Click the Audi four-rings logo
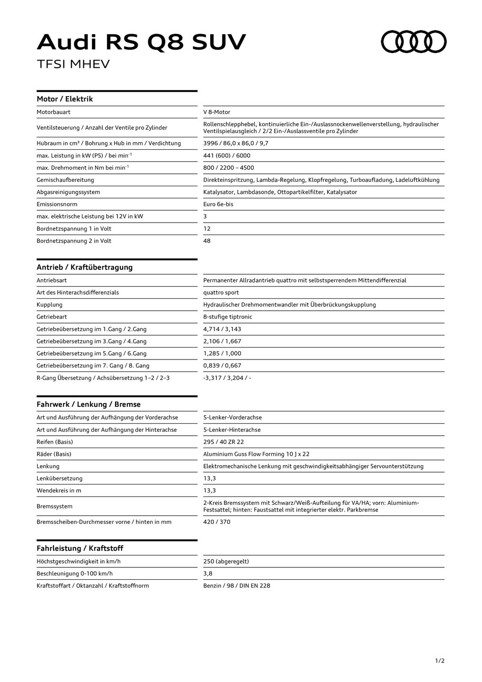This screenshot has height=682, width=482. (x=414, y=42)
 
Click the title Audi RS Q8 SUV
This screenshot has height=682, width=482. (x=141, y=43)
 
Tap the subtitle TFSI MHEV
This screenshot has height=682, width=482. (x=73, y=64)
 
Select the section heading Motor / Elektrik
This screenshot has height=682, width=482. (x=65, y=99)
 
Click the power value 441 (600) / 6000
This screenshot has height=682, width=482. (x=227, y=155)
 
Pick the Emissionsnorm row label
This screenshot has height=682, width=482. (x=57, y=204)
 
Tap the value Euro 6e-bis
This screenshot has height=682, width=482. (x=218, y=204)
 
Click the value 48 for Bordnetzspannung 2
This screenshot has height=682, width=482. (x=207, y=241)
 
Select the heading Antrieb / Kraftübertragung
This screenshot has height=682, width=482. (x=85, y=267)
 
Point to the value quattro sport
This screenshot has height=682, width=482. (x=221, y=293)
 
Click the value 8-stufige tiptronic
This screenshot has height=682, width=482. (x=228, y=317)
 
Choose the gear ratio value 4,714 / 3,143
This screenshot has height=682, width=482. (x=222, y=329)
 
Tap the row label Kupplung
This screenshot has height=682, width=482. (x=50, y=305)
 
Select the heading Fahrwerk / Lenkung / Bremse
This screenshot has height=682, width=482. (x=89, y=404)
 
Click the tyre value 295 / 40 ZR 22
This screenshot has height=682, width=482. (x=223, y=442)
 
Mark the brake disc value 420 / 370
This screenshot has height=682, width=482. (x=217, y=522)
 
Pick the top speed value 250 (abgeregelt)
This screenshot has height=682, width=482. (x=226, y=561)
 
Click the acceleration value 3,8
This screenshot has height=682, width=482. (x=208, y=574)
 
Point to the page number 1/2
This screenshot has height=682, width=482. (x=440, y=661)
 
